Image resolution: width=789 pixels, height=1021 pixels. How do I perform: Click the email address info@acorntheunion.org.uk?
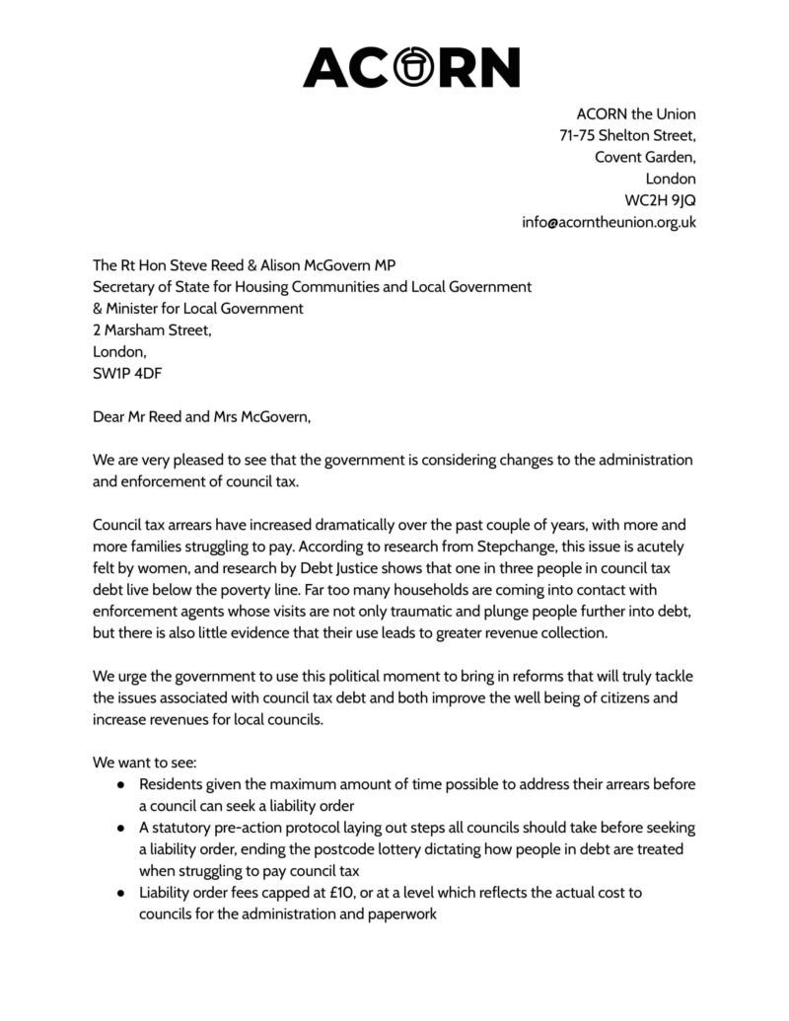pyautogui.click(x=609, y=222)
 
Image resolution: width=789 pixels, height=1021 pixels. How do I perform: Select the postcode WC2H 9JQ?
pyautogui.click(x=660, y=200)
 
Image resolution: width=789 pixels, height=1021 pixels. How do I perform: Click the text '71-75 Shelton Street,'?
pyautogui.click(x=627, y=135)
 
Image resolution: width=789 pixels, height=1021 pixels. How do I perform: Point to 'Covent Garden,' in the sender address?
pyautogui.click(x=645, y=157)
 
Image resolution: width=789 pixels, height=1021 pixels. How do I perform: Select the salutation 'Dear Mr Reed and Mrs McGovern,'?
pyautogui.click(x=201, y=417)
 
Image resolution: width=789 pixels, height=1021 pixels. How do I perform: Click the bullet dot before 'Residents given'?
pyautogui.click(x=120, y=784)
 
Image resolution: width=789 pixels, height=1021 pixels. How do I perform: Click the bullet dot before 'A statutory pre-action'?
pyautogui.click(x=120, y=828)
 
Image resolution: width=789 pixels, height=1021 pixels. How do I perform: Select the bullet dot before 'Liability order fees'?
pyautogui.click(x=120, y=893)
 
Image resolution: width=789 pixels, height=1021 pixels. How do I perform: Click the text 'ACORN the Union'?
pyautogui.click(x=636, y=113)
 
